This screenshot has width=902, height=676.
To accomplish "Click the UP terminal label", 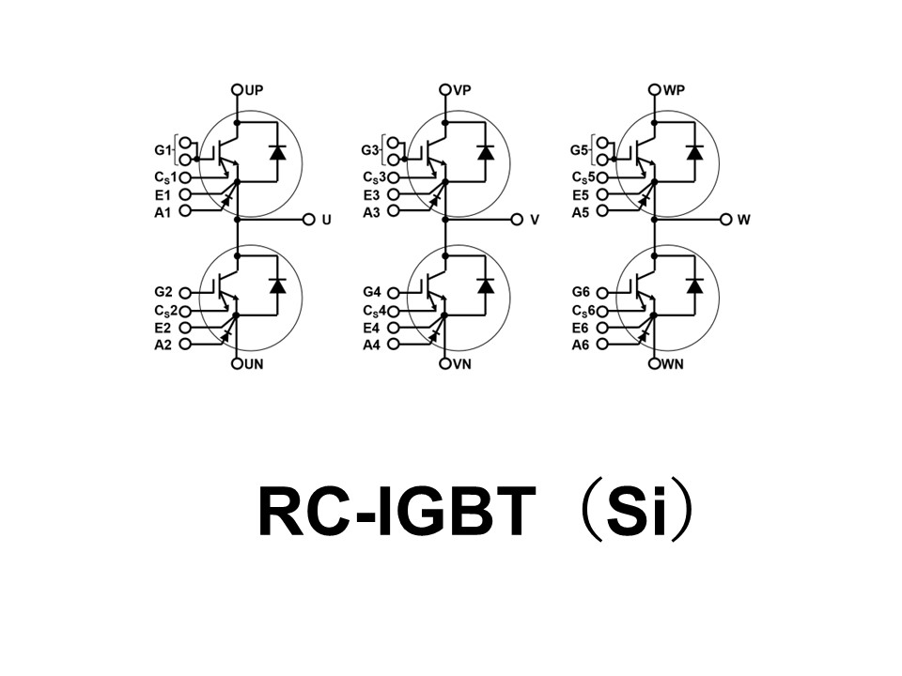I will (x=253, y=90).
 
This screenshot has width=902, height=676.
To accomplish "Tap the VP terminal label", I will (x=461, y=90).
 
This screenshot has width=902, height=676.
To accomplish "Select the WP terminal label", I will (x=672, y=90).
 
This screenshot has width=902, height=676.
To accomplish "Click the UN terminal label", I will (x=254, y=363).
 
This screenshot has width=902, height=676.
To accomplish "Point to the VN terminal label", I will (x=462, y=363).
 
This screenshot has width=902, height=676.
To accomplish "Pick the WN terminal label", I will (x=673, y=363).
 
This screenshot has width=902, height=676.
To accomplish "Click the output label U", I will (x=326, y=220).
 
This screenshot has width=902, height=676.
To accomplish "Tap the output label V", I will (x=535, y=220).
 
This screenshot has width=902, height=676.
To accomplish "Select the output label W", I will (x=744, y=220).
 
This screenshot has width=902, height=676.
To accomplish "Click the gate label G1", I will (x=162, y=150).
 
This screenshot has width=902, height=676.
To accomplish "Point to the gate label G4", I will (x=372, y=293).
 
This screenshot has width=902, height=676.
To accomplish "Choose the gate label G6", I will (x=581, y=293).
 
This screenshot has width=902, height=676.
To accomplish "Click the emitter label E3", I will (x=372, y=194).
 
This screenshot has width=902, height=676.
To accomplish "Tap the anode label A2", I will (x=163, y=345).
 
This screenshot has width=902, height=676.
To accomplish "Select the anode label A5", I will (x=581, y=212).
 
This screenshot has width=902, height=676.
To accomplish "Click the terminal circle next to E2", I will (x=184, y=328).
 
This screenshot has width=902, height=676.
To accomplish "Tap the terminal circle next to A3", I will (x=393, y=212).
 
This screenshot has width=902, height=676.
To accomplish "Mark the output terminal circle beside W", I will (x=725, y=220).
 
